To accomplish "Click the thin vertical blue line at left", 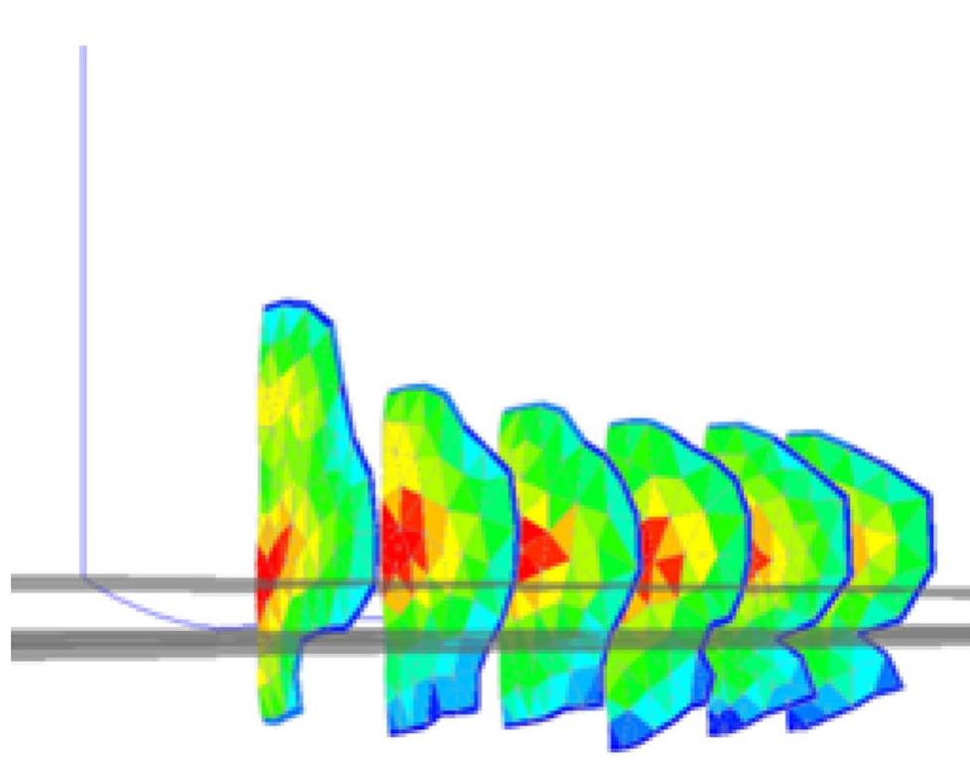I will pyautogui.click(x=82, y=298).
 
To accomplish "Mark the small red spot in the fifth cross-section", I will pyautogui.click(x=759, y=560).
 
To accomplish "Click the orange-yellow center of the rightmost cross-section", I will pyautogui.click(x=873, y=546).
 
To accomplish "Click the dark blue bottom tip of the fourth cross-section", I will pyautogui.click(x=635, y=734).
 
